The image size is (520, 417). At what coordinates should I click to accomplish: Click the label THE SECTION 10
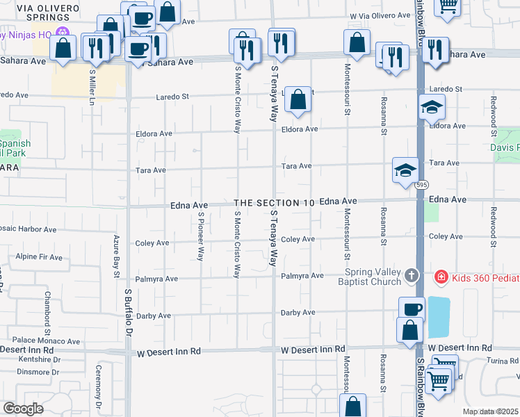pyautogui.click(x=275, y=203)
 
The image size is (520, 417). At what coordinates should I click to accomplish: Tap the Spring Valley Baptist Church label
pyautogui.click(x=374, y=277)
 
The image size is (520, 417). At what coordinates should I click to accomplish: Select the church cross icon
pyautogui.click(x=412, y=277)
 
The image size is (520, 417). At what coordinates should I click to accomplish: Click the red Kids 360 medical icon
pyautogui.click(x=440, y=277)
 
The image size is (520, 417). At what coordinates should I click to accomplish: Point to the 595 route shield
pyautogui.click(x=421, y=186)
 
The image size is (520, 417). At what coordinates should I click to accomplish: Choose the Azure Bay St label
pyautogui.click(x=116, y=256)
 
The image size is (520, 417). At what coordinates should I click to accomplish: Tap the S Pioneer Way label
pyautogui.click(x=200, y=236)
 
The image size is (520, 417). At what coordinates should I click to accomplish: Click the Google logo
pyautogui.click(x=23, y=409)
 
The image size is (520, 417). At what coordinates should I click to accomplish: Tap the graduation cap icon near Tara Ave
pyautogui.click(x=405, y=170)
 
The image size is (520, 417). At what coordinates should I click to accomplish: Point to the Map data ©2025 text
pyautogui.click(x=490, y=411)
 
